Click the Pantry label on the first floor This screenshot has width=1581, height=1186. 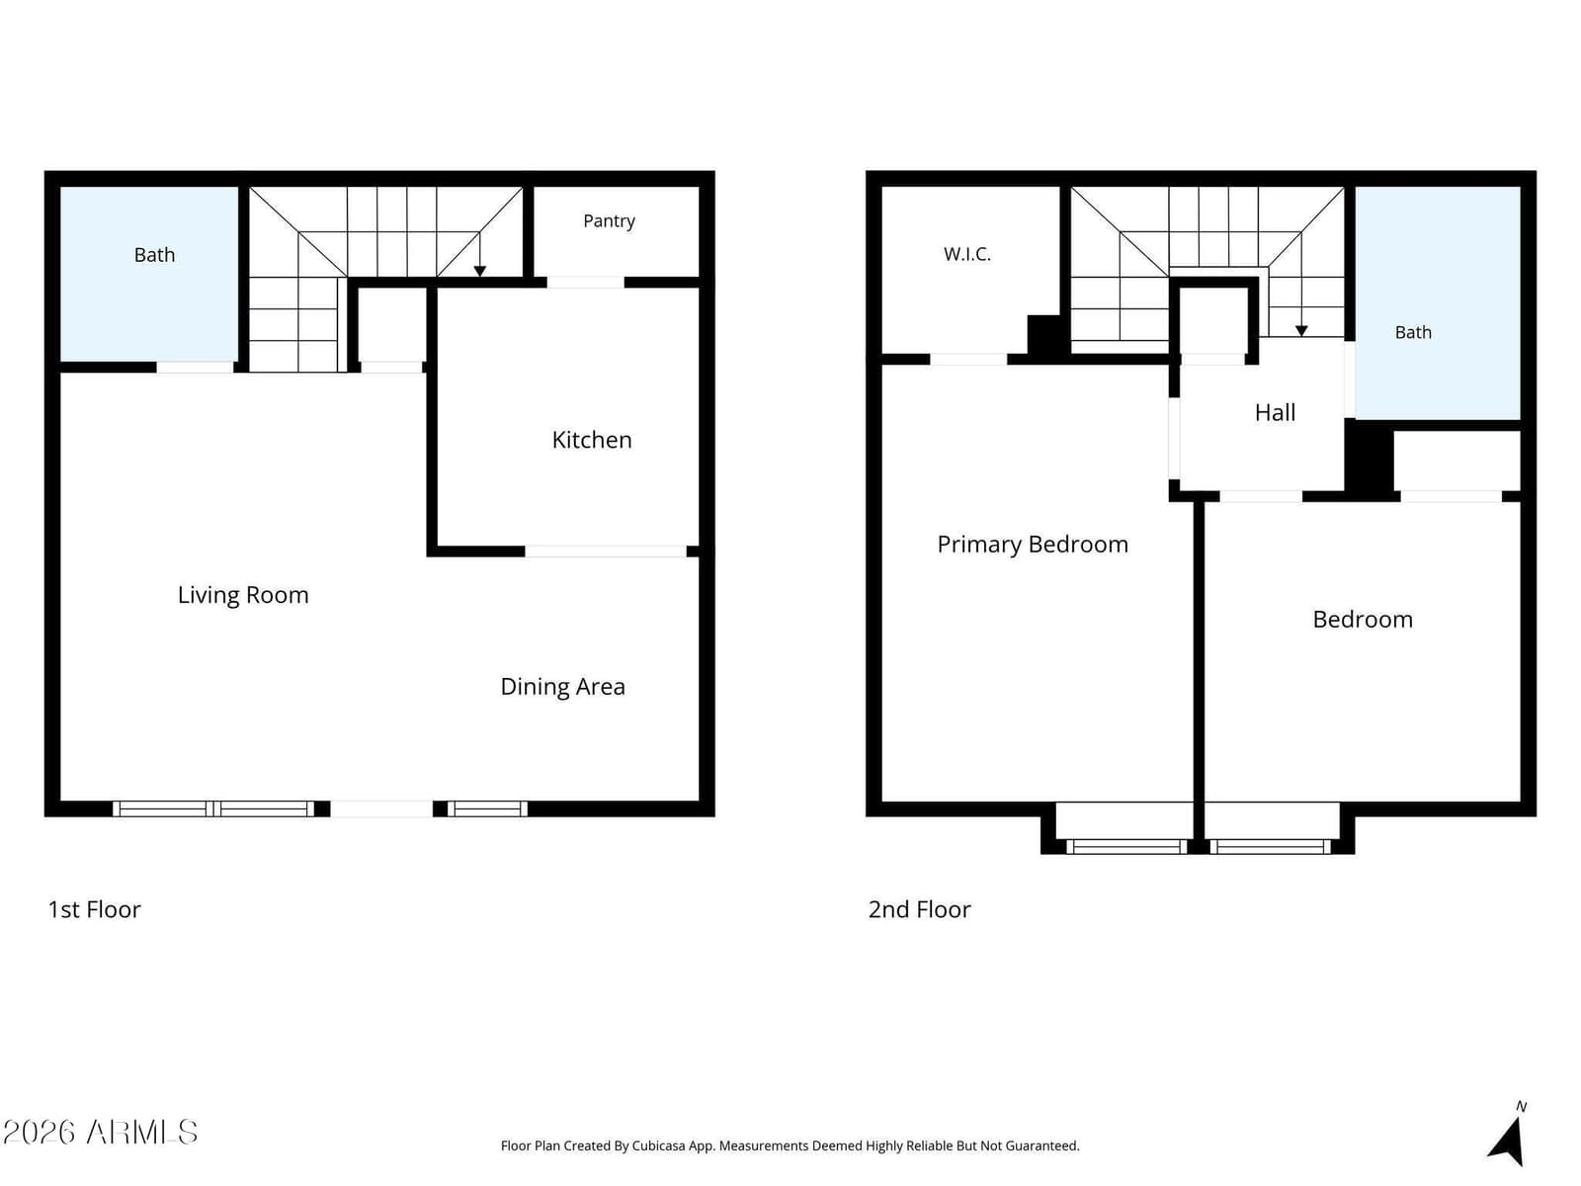pyautogui.click(x=609, y=221)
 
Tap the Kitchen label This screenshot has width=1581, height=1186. pyautogui.click(x=591, y=440)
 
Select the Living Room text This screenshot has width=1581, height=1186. pyautogui.click(x=243, y=596)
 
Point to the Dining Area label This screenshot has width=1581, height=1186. pyautogui.click(x=562, y=687)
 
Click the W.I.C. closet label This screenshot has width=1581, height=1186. pyautogui.click(x=966, y=254)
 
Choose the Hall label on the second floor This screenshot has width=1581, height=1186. pyautogui.click(x=1274, y=412)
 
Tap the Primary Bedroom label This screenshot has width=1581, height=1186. pyautogui.click(x=1033, y=546)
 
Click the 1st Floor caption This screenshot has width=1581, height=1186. pyautogui.click(x=94, y=909)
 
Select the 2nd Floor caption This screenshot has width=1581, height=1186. pyautogui.click(x=919, y=909)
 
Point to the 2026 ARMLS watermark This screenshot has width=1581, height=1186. pyautogui.click(x=100, y=1132)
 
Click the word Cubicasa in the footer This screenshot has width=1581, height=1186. pyautogui.click(x=658, y=1145)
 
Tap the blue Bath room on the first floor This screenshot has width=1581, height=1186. pyautogui.click(x=149, y=274)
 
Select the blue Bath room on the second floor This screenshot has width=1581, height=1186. pyautogui.click(x=1438, y=302)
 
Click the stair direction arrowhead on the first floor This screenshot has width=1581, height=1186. pyautogui.click(x=479, y=272)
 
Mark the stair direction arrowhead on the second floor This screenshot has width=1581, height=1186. pyautogui.click(x=1301, y=331)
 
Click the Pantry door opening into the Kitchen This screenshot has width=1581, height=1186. pyautogui.click(x=586, y=283)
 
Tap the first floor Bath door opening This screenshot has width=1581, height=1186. pyautogui.click(x=196, y=368)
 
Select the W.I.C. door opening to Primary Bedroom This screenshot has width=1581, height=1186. pyautogui.click(x=968, y=360)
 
